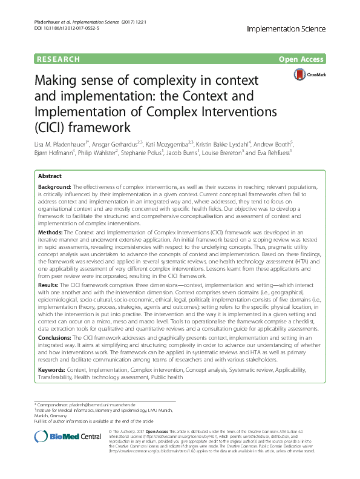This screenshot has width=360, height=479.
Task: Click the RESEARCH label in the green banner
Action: [x=58, y=59]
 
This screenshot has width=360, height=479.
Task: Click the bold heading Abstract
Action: [x=50, y=174]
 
